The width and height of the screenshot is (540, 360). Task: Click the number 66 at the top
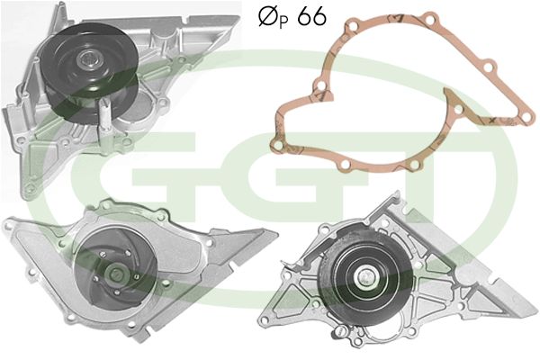click(x=312, y=16)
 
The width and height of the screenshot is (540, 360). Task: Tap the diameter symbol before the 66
click(x=267, y=16)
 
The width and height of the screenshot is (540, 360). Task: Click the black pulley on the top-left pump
click(x=89, y=72)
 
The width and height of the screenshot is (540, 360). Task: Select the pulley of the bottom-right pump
click(x=366, y=277)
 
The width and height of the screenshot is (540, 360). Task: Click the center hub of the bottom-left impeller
click(x=114, y=274)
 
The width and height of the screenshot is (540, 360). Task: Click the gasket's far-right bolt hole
click(x=526, y=118)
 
